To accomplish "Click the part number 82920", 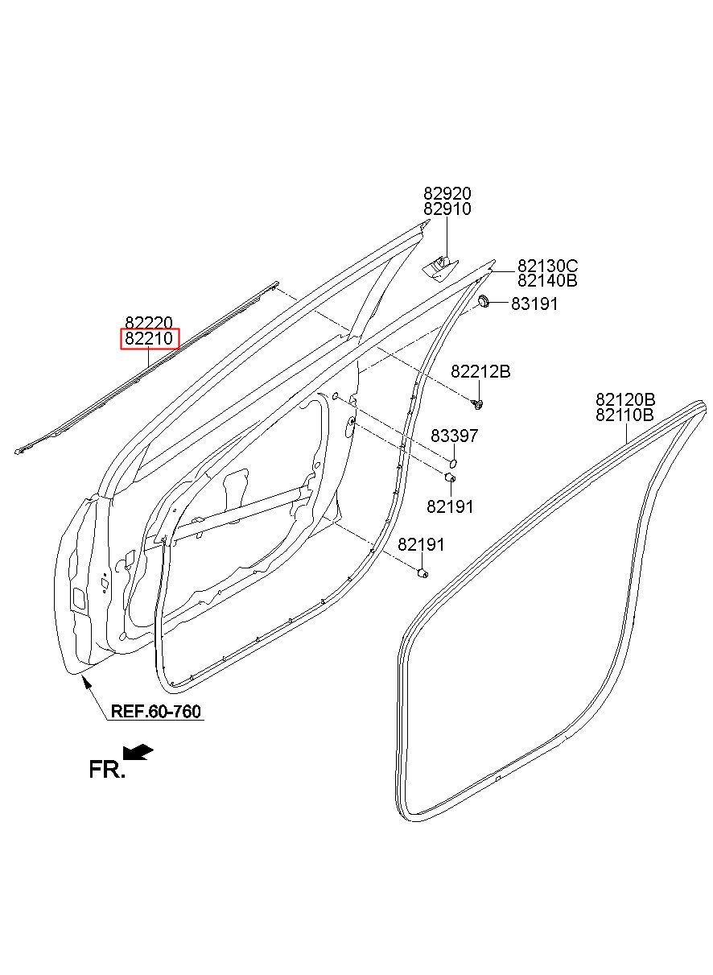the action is pyautogui.click(x=447, y=192).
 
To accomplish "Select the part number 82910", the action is pyautogui.click(x=447, y=209).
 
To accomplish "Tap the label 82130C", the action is pyautogui.click(x=548, y=265).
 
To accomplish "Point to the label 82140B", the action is pyautogui.click(x=547, y=280).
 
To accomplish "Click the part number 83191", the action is pyautogui.click(x=534, y=304).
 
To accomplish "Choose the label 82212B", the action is pyautogui.click(x=480, y=371).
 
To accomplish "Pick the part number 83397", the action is pyautogui.click(x=455, y=436).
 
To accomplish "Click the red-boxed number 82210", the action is pyautogui.click(x=149, y=339).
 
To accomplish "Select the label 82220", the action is pyautogui.click(x=149, y=323).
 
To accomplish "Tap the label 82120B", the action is pyautogui.click(x=625, y=399).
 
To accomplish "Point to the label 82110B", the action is pyautogui.click(x=624, y=415).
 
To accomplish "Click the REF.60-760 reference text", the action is pyautogui.click(x=156, y=711).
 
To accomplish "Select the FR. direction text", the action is pyautogui.click(x=107, y=770).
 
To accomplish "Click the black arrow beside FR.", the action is pyautogui.click(x=138, y=752).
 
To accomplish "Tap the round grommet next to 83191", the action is pyautogui.click(x=484, y=301).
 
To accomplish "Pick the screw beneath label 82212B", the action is pyautogui.click(x=478, y=405).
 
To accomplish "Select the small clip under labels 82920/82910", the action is pyautogui.click(x=440, y=267).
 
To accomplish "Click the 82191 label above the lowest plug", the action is pyautogui.click(x=421, y=544).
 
